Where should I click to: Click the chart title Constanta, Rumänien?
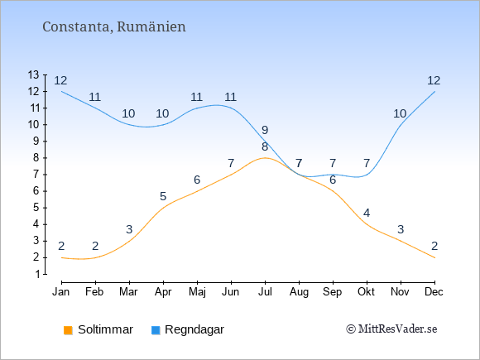(x=114, y=26)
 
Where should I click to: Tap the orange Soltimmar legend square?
(x=68, y=330)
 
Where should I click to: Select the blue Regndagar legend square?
(x=156, y=330)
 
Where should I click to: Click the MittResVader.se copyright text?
(x=391, y=329)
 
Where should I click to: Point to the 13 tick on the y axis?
(x=34, y=74)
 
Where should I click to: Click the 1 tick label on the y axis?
(x=37, y=274)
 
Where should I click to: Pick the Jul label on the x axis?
(x=265, y=292)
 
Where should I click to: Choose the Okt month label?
(x=366, y=292)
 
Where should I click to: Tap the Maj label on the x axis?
(x=197, y=292)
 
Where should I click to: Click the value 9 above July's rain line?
(x=265, y=130)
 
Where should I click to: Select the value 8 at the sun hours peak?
(x=265, y=146)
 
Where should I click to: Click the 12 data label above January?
(x=60, y=80)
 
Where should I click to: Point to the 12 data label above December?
(x=434, y=80)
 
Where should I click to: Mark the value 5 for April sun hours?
(x=163, y=196)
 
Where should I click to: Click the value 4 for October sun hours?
(x=367, y=213)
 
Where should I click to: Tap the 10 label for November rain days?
(x=400, y=113)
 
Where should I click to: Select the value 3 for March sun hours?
(x=129, y=229)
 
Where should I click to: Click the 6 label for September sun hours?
(x=333, y=180)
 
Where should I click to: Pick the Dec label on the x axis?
(x=434, y=292)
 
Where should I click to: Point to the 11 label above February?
(x=95, y=97)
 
